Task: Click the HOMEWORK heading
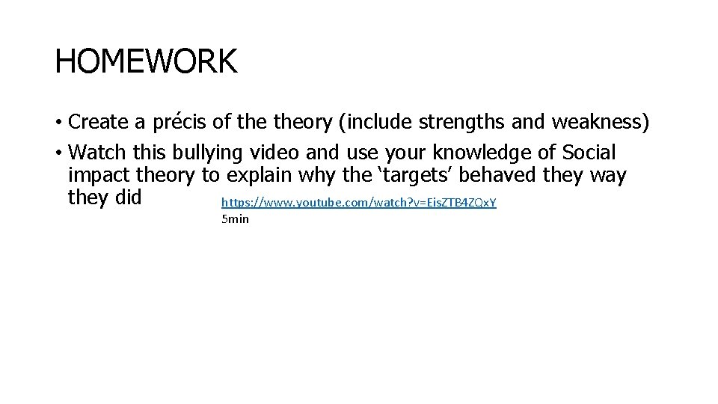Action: coord(146,61)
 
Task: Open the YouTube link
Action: coord(359,203)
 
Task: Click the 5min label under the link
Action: coord(235,219)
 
